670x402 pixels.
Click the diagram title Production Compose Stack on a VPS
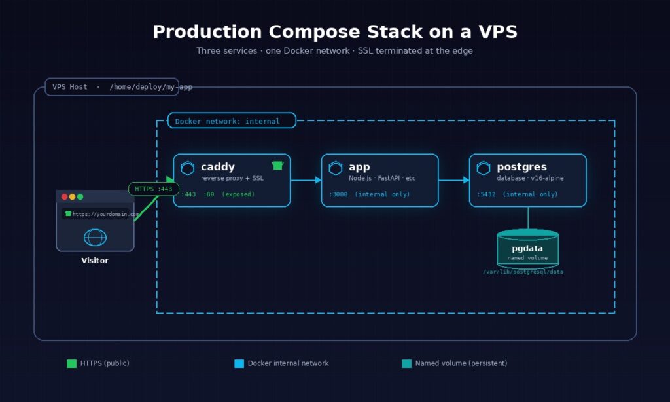(334, 32)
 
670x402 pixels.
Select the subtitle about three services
(334, 51)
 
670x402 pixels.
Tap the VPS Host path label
(120, 87)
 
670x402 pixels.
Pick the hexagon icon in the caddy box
(188, 168)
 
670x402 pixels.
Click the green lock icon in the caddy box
(277, 166)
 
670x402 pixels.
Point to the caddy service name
(218, 167)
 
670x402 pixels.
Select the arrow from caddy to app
(306, 180)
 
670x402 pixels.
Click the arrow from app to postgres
(453, 180)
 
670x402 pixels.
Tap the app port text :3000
(338, 194)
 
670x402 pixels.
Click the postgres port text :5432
(486, 194)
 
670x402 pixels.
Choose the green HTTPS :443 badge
(153, 189)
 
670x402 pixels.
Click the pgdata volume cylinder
(527, 249)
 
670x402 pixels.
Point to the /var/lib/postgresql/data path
(523, 272)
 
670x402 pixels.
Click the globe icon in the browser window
(95, 237)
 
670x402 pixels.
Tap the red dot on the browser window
(64, 197)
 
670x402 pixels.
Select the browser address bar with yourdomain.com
(101, 214)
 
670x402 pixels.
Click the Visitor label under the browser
(95, 261)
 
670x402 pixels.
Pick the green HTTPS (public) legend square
(71, 363)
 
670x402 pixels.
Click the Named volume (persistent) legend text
(461, 363)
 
